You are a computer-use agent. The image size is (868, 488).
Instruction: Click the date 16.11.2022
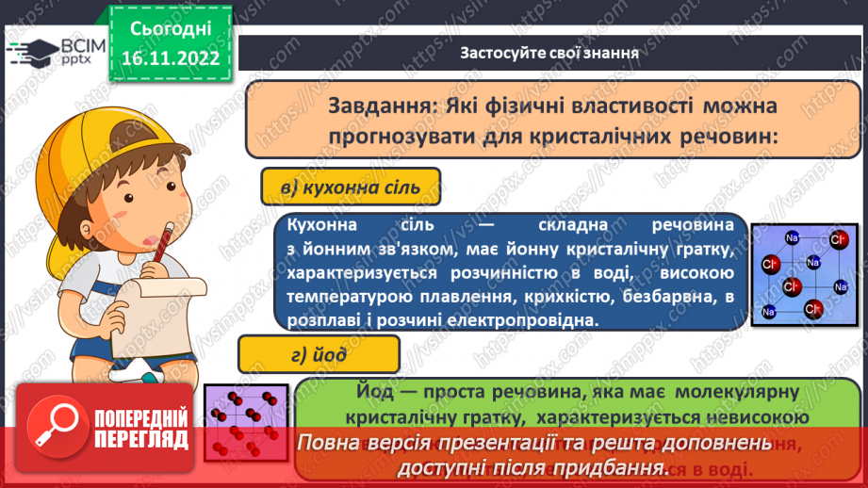[171, 56]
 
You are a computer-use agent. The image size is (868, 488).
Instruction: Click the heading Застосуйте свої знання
[549, 53]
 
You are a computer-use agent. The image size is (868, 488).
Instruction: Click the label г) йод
[319, 355]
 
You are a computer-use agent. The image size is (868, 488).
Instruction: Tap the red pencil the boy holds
[167, 244]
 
